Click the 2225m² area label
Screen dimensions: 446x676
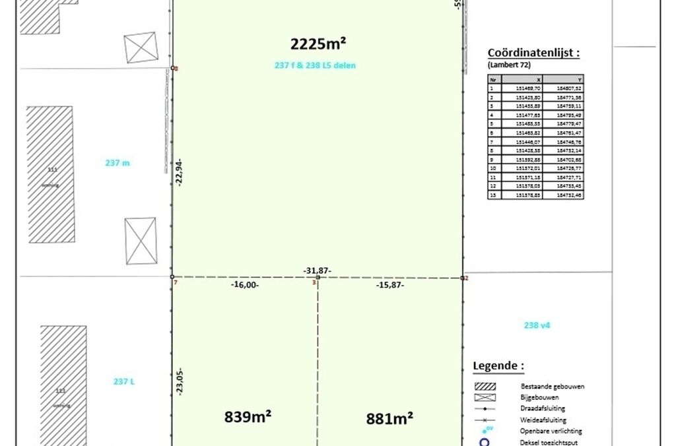(319, 44)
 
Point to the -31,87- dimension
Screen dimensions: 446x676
(318, 271)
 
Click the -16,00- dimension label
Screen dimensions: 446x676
(245, 285)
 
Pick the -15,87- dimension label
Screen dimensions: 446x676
(390, 285)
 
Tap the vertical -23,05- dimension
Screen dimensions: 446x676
(179, 381)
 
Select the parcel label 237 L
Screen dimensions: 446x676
(123, 381)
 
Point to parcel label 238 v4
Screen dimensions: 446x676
(537, 325)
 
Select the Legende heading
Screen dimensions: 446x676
(498, 366)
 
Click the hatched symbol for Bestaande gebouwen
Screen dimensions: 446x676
(487, 387)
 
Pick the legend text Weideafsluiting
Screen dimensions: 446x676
(543, 420)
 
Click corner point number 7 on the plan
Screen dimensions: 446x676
(172, 278)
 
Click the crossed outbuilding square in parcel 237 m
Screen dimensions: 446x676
(141, 241)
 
